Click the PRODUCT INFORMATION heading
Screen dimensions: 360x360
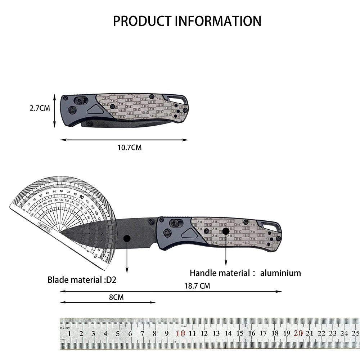click(187, 21)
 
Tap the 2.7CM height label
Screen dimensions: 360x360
click(40, 107)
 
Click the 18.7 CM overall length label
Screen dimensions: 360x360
click(197, 286)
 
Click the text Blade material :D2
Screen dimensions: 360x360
click(82, 280)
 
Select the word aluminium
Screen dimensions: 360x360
click(281, 273)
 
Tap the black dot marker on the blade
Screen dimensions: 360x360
click(127, 238)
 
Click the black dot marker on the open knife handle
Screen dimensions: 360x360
click(226, 231)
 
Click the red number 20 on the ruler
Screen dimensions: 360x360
click(298, 333)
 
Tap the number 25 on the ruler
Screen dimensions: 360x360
click(356, 333)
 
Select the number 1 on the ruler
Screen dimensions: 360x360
click(69, 333)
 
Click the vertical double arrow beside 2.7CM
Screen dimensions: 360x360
click(55, 111)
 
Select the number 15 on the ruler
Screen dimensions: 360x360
click(240, 333)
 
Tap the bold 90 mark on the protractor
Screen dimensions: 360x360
click(82, 197)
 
